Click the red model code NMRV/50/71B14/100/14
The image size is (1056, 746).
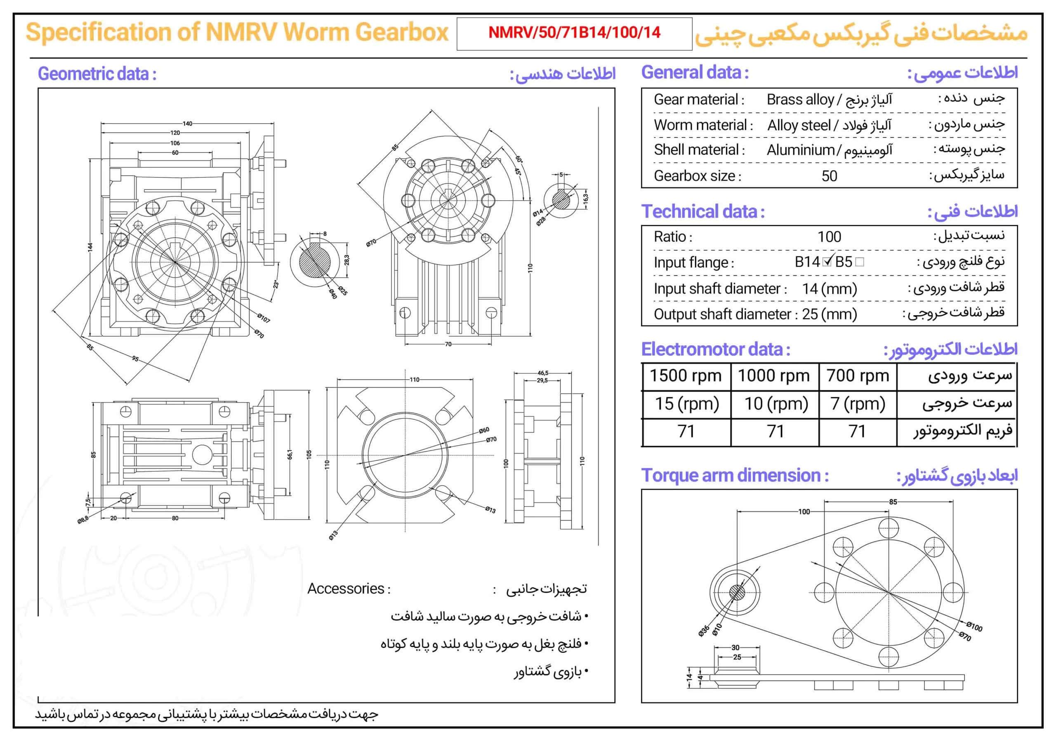[574, 33]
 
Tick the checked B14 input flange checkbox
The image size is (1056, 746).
[827, 262]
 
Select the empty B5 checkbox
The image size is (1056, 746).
[860, 262]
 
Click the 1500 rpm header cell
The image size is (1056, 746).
[685, 376]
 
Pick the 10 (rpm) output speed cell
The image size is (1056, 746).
[776, 404]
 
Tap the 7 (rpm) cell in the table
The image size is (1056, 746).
[857, 404]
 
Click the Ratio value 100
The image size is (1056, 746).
[829, 237]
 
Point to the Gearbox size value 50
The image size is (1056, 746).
[829, 176]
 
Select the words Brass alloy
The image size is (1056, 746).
[800, 100]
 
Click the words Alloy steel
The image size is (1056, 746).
[799, 125]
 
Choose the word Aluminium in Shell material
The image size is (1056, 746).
[800, 150]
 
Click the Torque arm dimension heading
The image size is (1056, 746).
[735, 475]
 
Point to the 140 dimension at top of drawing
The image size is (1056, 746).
[187, 124]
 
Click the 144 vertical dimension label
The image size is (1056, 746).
[90, 247]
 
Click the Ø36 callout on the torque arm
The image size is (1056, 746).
[703, 631]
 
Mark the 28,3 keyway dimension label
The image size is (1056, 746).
[346, 260]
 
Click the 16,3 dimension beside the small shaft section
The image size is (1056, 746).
[585, 199]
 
